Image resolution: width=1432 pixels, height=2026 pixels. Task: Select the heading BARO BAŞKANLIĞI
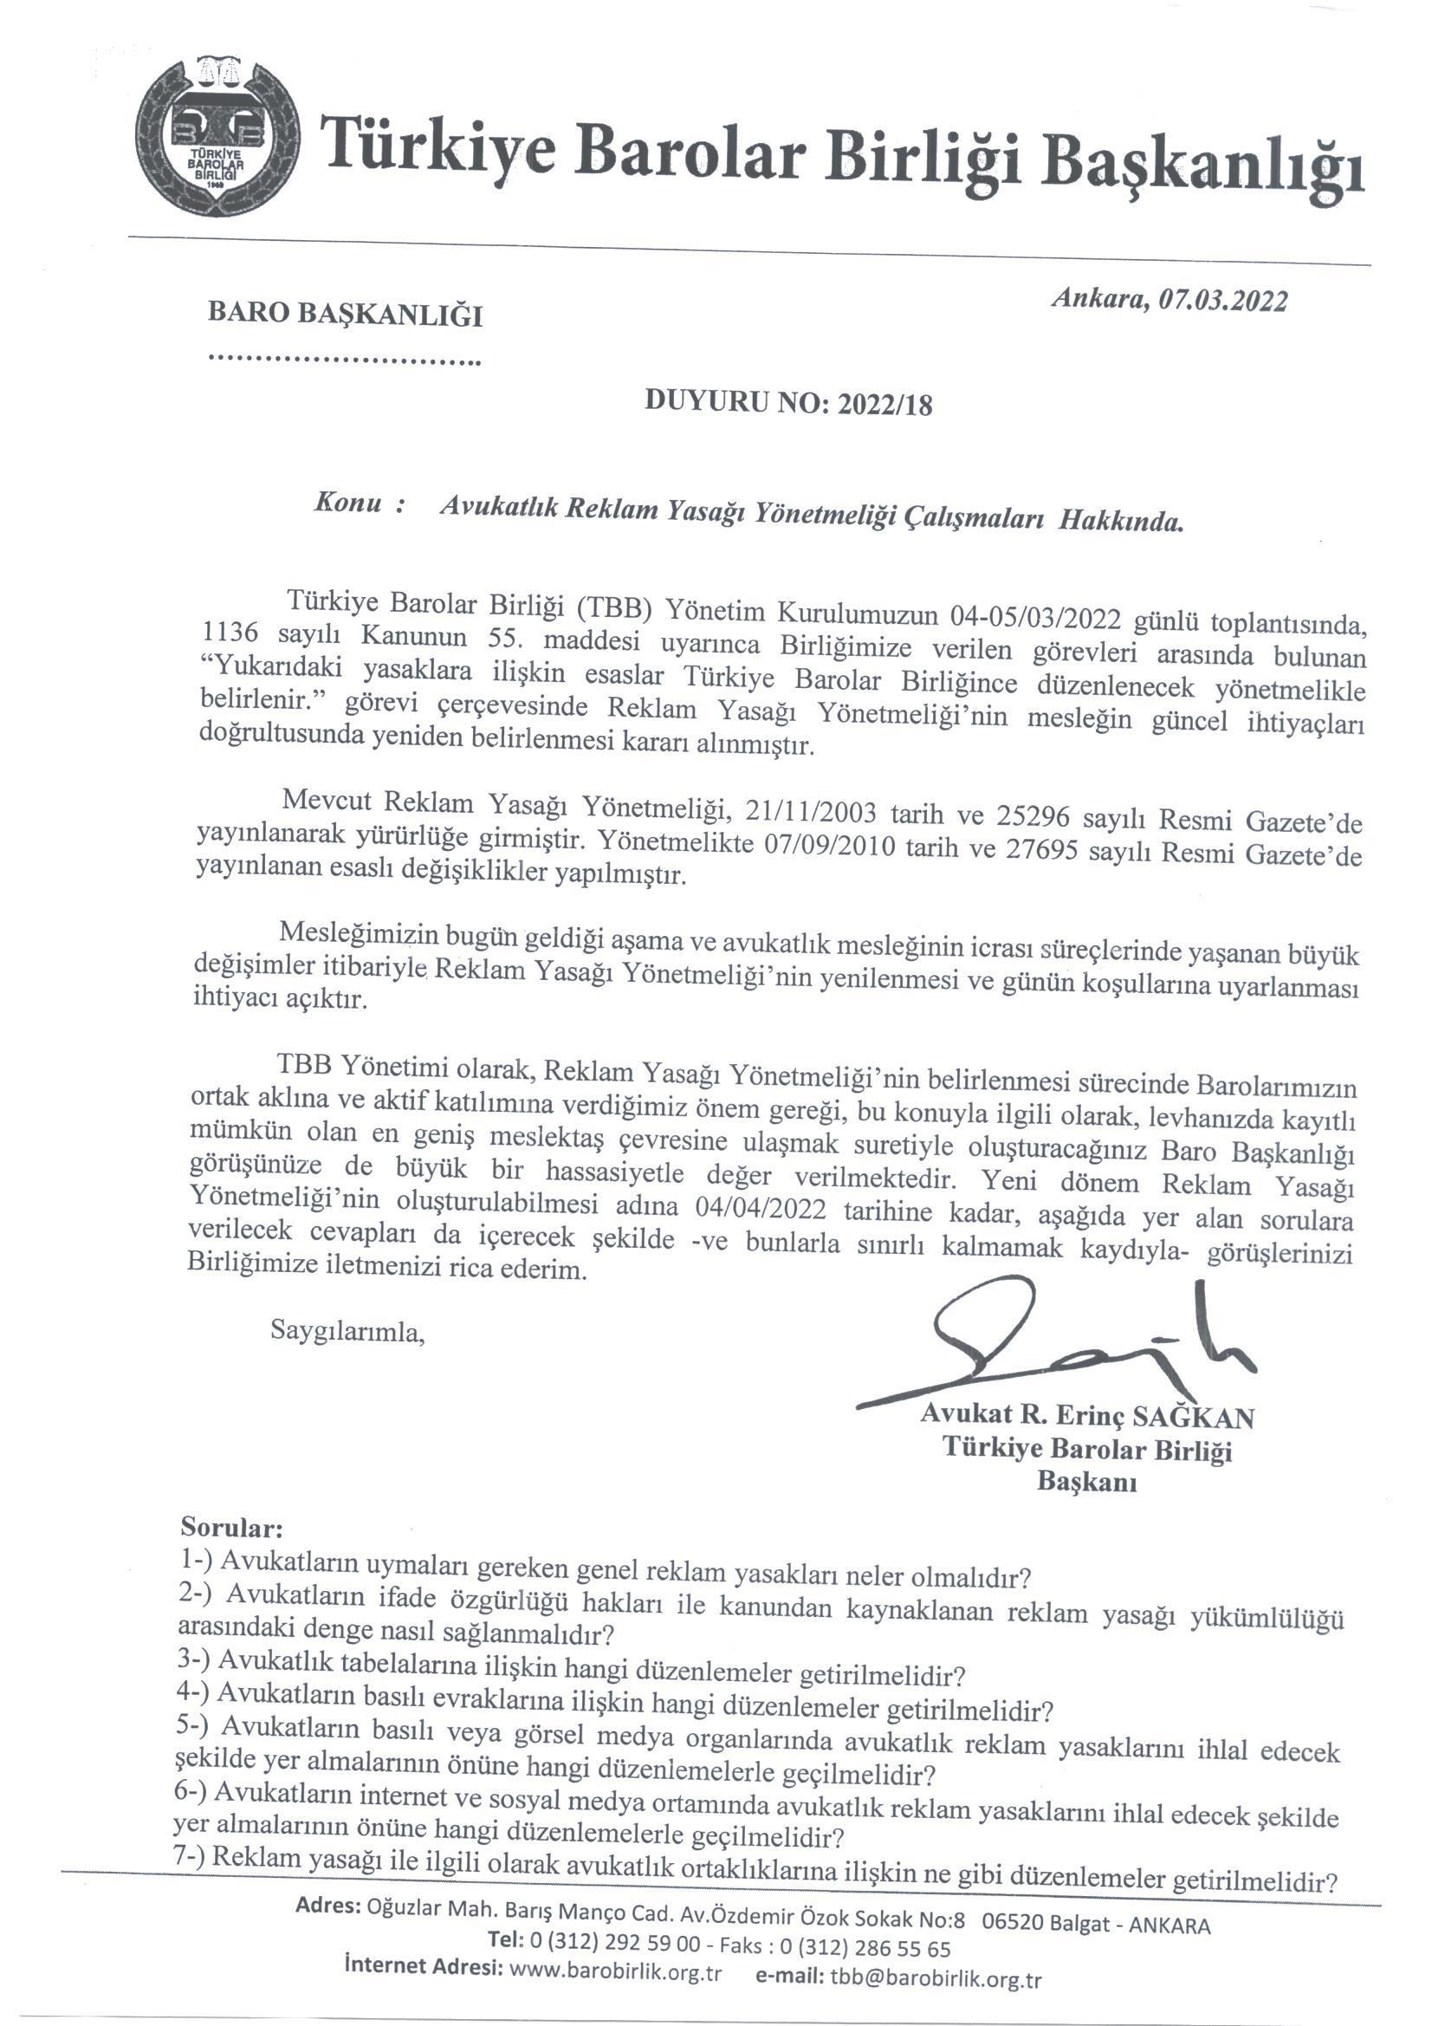345,315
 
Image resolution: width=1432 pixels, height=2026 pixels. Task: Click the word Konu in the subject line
347,504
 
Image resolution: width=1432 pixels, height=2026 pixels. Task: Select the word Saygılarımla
347,1331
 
